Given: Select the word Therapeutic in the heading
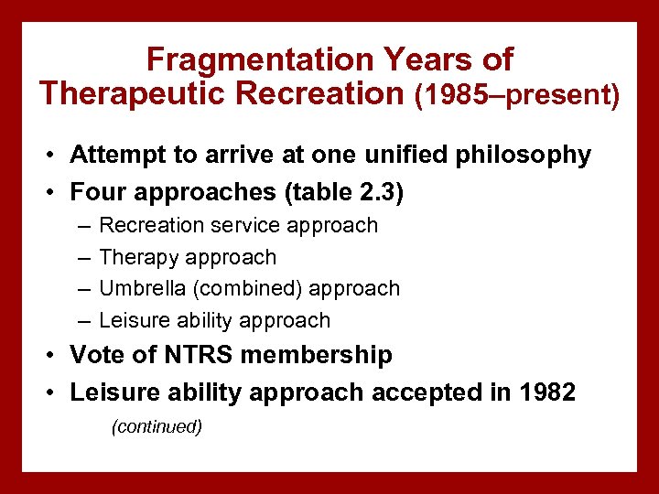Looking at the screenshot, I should tap(124, 92).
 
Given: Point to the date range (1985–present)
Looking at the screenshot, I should tap(517, 94).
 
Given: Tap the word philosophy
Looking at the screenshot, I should tap(533, 156).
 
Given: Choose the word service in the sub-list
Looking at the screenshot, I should tap(248, 225).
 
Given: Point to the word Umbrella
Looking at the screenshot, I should tap(142, 288).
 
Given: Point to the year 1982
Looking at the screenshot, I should tap(546, 392).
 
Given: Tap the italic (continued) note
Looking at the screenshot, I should tap(156, 427).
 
